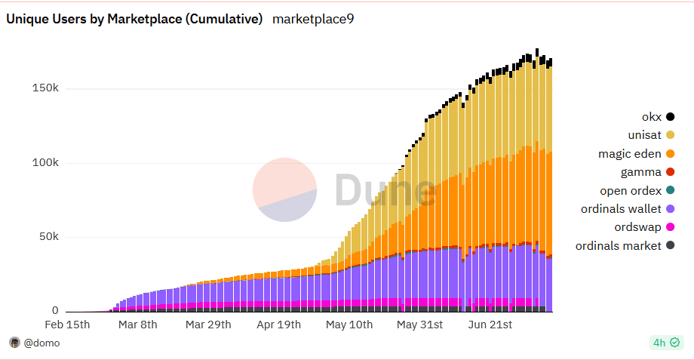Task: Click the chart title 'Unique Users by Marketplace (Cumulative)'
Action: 134,20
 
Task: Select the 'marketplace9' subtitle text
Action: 312,20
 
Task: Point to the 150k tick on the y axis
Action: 45,88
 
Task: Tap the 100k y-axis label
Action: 45,163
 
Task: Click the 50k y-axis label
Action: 48,237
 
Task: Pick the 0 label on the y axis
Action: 54,311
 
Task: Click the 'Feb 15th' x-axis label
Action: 67,325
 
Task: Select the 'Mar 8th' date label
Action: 138,325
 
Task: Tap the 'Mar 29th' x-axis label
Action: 208,325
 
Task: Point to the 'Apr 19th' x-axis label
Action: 278,325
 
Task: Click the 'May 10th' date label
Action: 349,325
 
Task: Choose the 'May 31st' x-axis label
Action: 420,325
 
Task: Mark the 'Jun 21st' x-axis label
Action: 490,325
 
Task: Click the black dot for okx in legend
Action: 671,116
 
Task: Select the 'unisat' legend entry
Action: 645,135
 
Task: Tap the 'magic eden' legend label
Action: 630,154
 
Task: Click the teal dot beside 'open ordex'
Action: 671,190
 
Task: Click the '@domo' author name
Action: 41,343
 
